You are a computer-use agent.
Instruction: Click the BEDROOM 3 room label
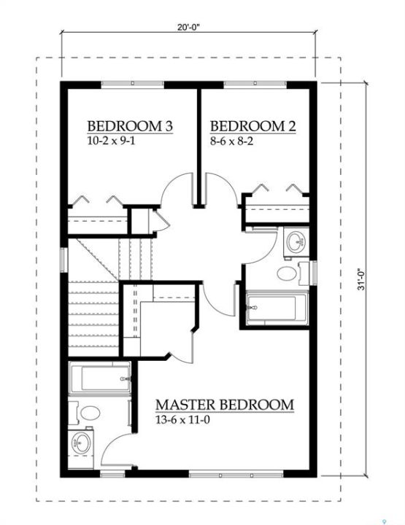[x=130, y=127]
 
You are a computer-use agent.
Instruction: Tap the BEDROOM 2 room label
[x=253, y=127]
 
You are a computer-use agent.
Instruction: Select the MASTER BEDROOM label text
[x=225, y=405]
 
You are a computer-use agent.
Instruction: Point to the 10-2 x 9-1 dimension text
[x=111, y=141]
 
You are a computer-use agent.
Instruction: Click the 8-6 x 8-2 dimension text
[x=231, y=141]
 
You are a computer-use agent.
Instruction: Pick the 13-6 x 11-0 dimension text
[x=182, y=419]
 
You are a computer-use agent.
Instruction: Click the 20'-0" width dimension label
[x=188, y=28]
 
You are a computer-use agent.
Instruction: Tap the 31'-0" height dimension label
[x=360, y=279]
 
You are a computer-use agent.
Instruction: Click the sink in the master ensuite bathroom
[x=81, y=443]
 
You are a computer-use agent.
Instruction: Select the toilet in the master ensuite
[x=88, y=413]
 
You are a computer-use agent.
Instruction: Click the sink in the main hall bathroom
[x=296, y=242]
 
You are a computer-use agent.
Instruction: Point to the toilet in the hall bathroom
[x=292, y=274]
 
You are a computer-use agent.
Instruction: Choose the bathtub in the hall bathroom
[x=277, y=308]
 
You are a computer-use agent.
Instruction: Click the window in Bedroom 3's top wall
[x=133, y=85]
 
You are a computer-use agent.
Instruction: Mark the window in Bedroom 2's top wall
[x=255, y=85]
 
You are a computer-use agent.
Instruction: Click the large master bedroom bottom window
[x=236, y=475]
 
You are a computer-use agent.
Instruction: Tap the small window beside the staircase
[x=64, y=260]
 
